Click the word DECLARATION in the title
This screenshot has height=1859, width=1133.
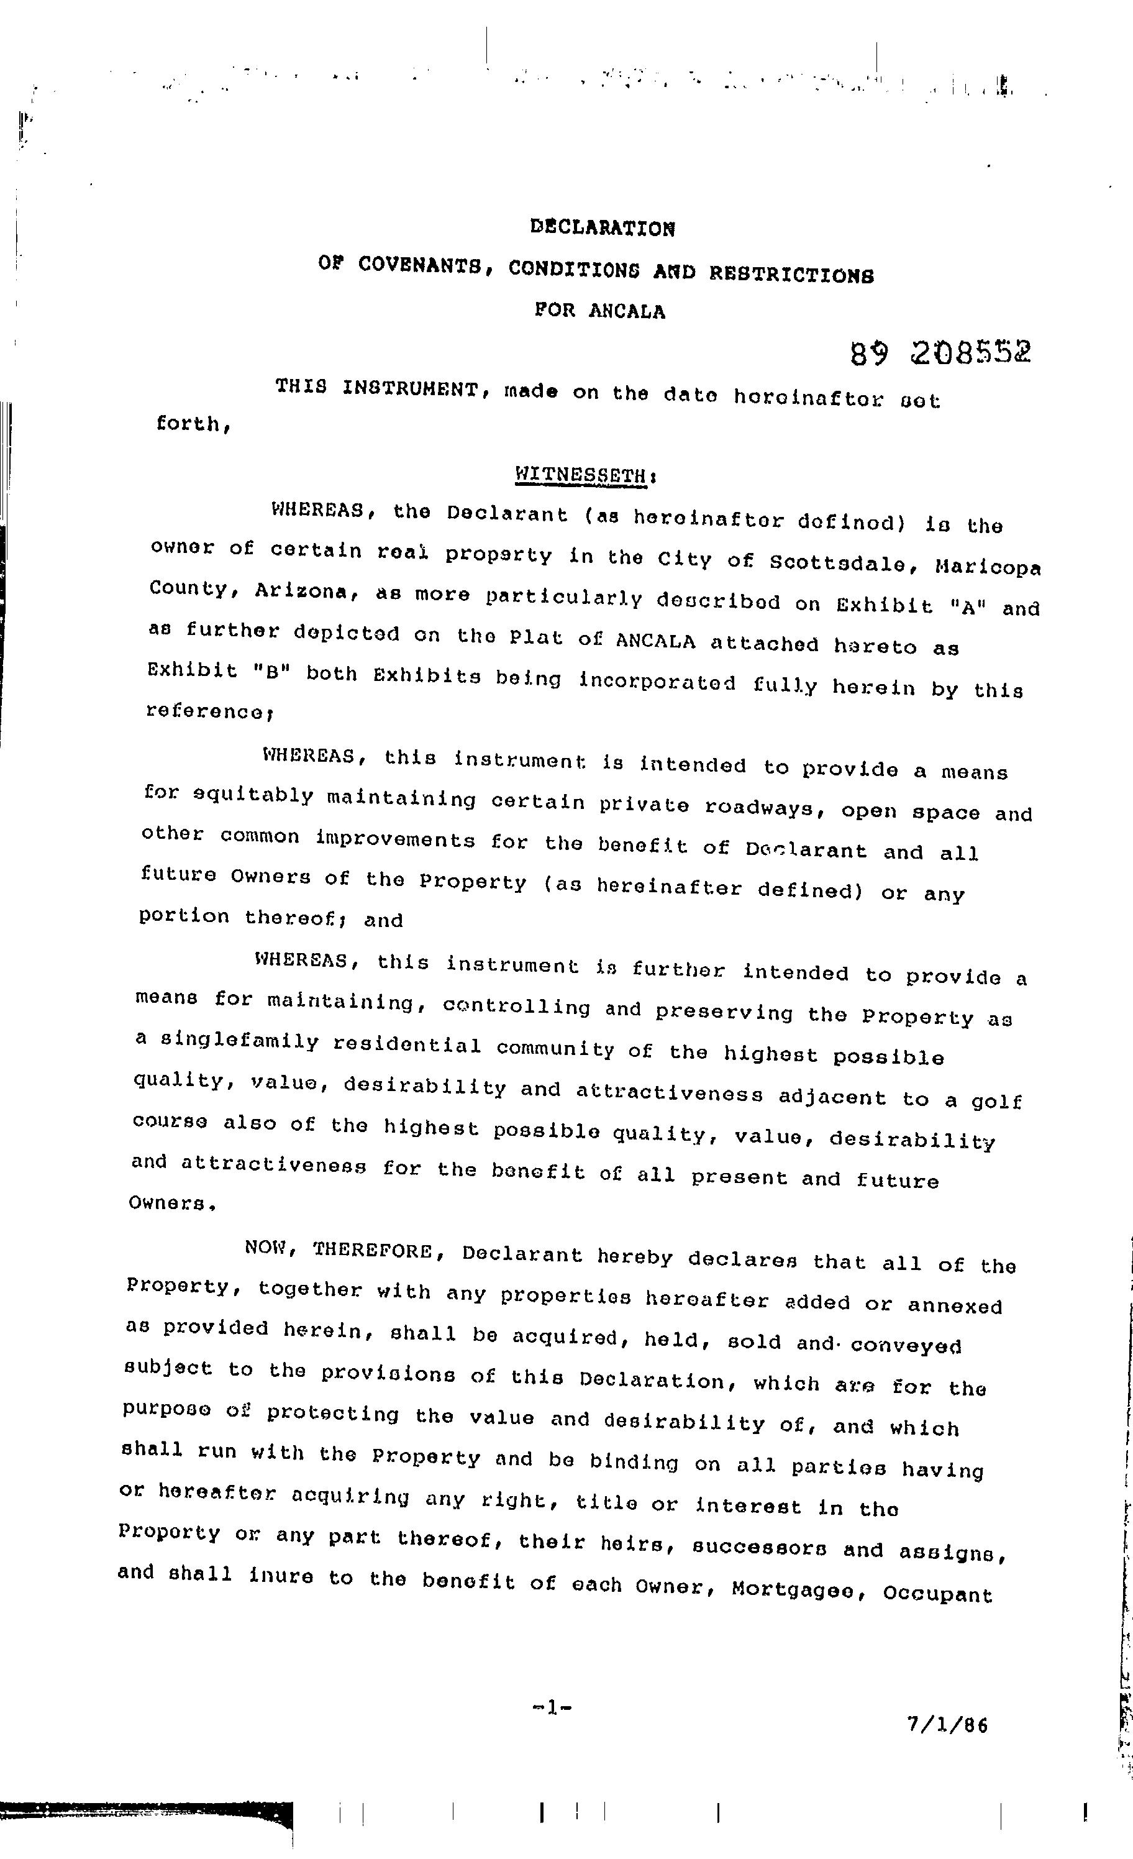click(x=602, y=227)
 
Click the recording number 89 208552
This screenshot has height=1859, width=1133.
click(x=940, y=352)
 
